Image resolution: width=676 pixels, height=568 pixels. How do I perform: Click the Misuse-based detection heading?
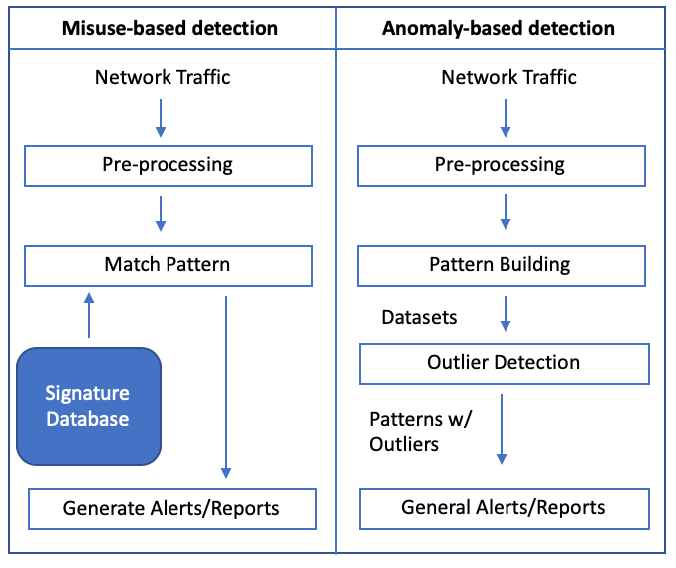click(x=169, y=28)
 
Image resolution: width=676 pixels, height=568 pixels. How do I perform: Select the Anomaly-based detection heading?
click(x=499, y=28)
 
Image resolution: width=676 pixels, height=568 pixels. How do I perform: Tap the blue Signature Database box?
click(x=89, y=406)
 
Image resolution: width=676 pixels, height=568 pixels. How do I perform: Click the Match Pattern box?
click(x=168, y=265)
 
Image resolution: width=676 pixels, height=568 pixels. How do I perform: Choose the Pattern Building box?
click(x=500, y=265)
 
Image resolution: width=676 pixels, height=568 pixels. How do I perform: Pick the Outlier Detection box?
click(x=504, y=363)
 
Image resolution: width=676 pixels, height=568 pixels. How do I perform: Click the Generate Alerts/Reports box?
click(x=171, y=508)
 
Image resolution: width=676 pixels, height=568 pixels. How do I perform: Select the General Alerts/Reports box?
click(x=504, y=508)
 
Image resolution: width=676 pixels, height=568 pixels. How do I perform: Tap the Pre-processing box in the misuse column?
click(x=168, y=165)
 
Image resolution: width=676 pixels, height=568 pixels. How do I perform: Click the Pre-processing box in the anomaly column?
click(x=500, y=165)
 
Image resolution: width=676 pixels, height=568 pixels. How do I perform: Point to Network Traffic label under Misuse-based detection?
click(x=163, y=77)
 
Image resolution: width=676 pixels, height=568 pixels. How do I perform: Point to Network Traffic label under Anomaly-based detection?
click(x=508, y=77)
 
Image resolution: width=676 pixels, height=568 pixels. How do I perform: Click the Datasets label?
click(x=419, y=317)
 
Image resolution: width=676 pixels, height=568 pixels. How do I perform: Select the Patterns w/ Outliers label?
click(x=419, y=429)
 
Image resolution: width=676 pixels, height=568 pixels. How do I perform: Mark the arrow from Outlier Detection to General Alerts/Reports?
click(x=502, y=428)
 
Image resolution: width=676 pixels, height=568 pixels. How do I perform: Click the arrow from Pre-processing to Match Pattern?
click(x=162, y=214)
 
